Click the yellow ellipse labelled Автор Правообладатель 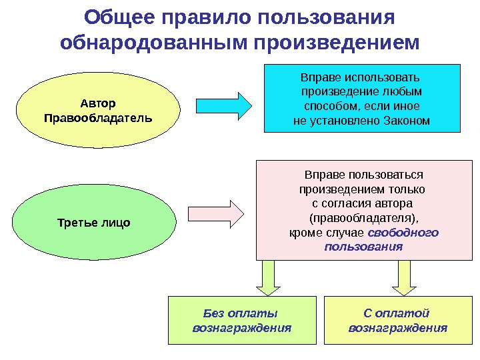click(97, 111)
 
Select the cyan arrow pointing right click(224, 105)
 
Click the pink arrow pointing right click(219, 213)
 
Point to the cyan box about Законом click(362, 98)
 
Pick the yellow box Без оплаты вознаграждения click(241, 321)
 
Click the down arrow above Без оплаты click(269, 277)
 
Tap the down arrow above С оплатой click(404, 277)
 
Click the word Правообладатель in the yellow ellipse click(97, 118)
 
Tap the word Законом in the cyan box click(407, 121)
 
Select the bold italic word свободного click(404, 233)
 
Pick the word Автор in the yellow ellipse click(97, 103)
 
